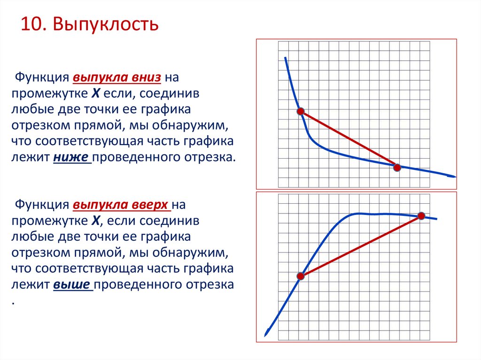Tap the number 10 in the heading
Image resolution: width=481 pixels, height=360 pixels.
31,24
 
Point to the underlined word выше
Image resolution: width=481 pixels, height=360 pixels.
73,285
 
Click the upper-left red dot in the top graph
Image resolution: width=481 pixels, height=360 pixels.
301,111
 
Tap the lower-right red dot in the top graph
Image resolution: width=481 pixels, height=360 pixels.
397,167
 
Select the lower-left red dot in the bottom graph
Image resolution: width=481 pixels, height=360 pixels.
301,276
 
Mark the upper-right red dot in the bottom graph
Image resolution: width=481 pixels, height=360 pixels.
421,216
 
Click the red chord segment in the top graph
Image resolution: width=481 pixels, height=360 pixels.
349,139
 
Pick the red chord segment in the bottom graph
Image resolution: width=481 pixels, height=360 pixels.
361,246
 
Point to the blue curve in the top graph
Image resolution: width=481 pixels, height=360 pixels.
329,151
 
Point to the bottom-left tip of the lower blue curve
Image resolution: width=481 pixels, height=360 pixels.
266,334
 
